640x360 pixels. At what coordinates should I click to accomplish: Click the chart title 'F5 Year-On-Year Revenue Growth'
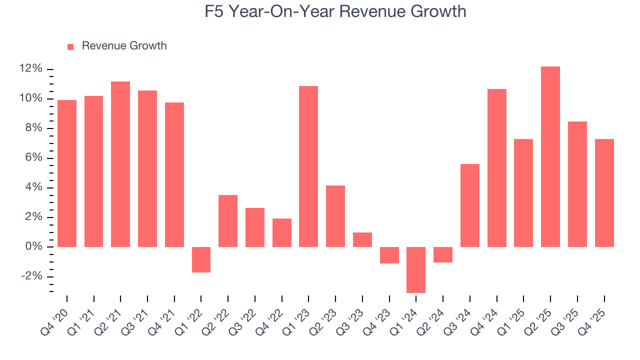[335, 11]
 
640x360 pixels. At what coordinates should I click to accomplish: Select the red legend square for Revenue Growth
[70, 46]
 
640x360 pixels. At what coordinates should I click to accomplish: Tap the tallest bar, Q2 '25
[550, 156]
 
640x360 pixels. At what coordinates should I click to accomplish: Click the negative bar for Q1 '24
[416, 269]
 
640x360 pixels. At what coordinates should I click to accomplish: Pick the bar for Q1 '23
[308, 166]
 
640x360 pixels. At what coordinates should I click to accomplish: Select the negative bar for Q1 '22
[201, 259]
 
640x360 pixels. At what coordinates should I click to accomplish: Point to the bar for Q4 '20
[67, 173]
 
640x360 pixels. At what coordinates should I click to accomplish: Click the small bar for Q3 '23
[362, 239]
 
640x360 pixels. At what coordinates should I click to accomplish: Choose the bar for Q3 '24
[470, 205]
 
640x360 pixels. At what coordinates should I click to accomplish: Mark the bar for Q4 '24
[497, 168]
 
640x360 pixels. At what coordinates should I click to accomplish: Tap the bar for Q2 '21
[120, 164]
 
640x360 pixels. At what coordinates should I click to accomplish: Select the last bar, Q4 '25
[604, 193]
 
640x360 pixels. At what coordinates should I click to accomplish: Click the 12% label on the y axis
[31, 69]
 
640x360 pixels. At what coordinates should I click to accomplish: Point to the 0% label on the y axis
[33, 247]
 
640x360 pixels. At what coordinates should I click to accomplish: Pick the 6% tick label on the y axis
[33, 158]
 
